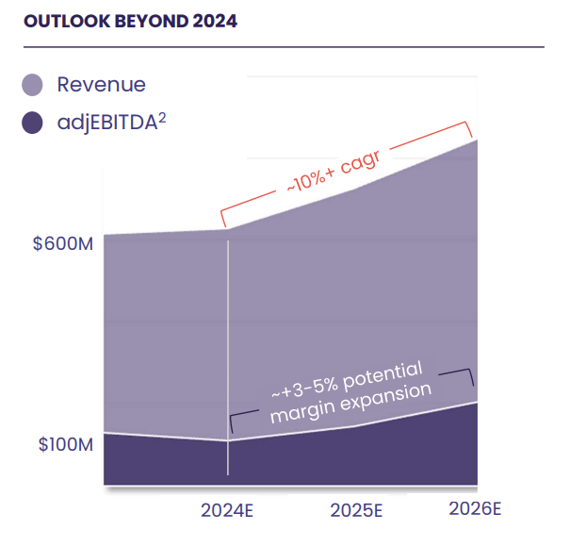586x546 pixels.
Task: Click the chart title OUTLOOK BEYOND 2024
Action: click(130, 21)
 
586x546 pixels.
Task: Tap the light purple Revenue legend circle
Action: click(33, 85)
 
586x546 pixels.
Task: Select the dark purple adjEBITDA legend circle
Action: click(33, 122)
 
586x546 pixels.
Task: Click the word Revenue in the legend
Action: click(101, 85)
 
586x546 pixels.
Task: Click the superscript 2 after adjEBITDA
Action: click(162, 115)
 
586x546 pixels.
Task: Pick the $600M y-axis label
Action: click(63, 243)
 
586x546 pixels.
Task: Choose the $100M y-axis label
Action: click(65, 444)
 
